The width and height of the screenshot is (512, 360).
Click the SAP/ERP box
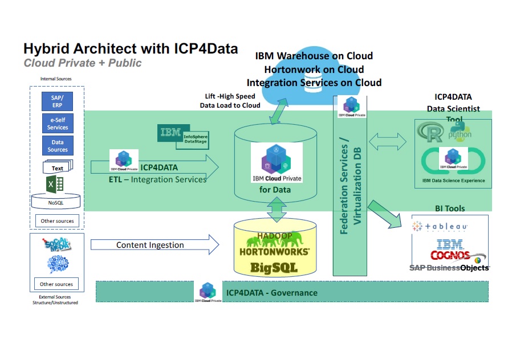(x=57, y=102)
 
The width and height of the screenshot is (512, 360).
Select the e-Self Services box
(x=57, y=124)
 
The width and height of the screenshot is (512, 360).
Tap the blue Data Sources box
(x=57, y=146)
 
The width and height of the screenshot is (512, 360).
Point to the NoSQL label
(x=56, y=202)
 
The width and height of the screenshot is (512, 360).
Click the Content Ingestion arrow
(x=155, y=245)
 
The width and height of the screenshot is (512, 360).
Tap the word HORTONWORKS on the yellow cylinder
(x=275, y=251)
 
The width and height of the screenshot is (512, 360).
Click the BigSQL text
(x=275, y=267)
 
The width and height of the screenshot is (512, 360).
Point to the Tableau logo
(x=440, y=227)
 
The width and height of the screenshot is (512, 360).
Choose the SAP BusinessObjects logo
(x=449, y=267)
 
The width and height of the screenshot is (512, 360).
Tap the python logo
(x=460, y=132)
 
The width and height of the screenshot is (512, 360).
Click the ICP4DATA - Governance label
(x=271, y=293)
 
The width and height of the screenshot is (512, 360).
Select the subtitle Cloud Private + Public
(x=82, y=63)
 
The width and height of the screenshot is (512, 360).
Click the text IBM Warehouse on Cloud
(x=314, y=56)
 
